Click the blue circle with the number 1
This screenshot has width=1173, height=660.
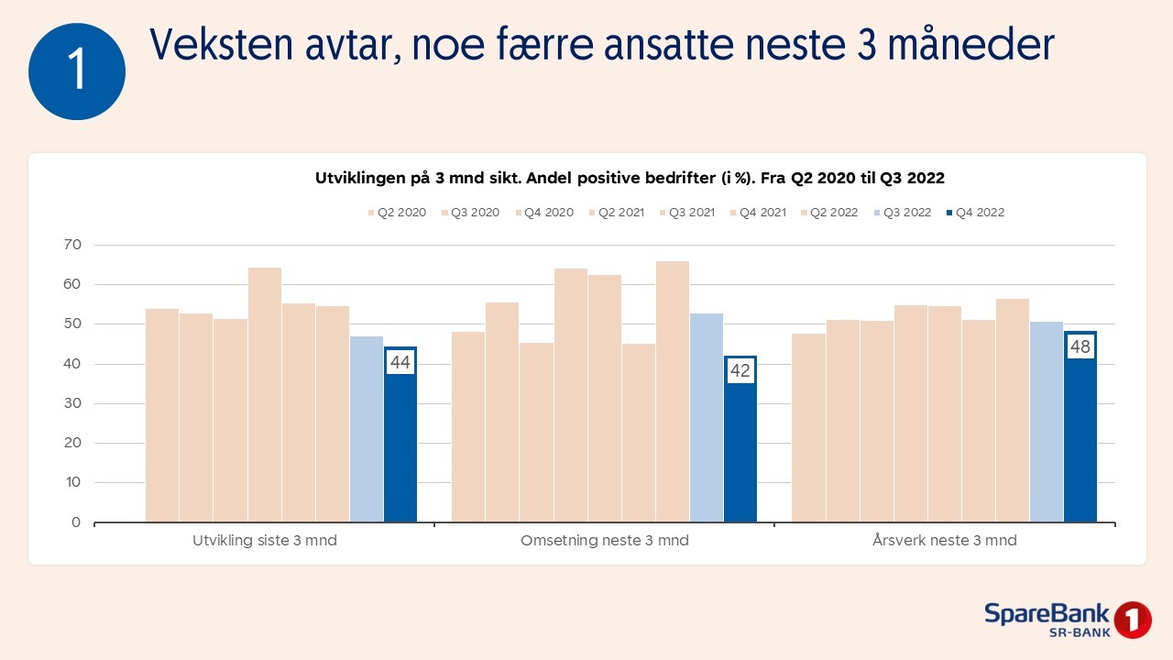tap(77, 71)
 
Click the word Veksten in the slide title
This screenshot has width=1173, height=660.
tap(206, 44)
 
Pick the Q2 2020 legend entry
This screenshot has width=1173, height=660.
tap(396, 213)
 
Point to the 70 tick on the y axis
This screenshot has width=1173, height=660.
tap(72, 245)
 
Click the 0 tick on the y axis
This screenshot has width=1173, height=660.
tap(76, 522)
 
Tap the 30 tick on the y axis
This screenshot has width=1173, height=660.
tap(72, 403)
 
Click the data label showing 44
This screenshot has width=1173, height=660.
tap(400, 363)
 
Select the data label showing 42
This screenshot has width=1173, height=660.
tap(740, 371)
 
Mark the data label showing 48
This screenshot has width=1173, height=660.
tap(1080, 347)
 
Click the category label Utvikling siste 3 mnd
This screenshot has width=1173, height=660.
tap(264, 541)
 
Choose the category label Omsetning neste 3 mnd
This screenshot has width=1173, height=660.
tap(605, 541)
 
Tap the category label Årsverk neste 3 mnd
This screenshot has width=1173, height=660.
tap(945, 541)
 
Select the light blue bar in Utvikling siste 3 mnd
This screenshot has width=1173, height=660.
tap(367, 431)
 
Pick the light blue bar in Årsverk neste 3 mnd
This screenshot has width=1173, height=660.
tap(1047, 422)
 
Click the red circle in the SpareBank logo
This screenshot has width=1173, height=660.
tap(1133, 620)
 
